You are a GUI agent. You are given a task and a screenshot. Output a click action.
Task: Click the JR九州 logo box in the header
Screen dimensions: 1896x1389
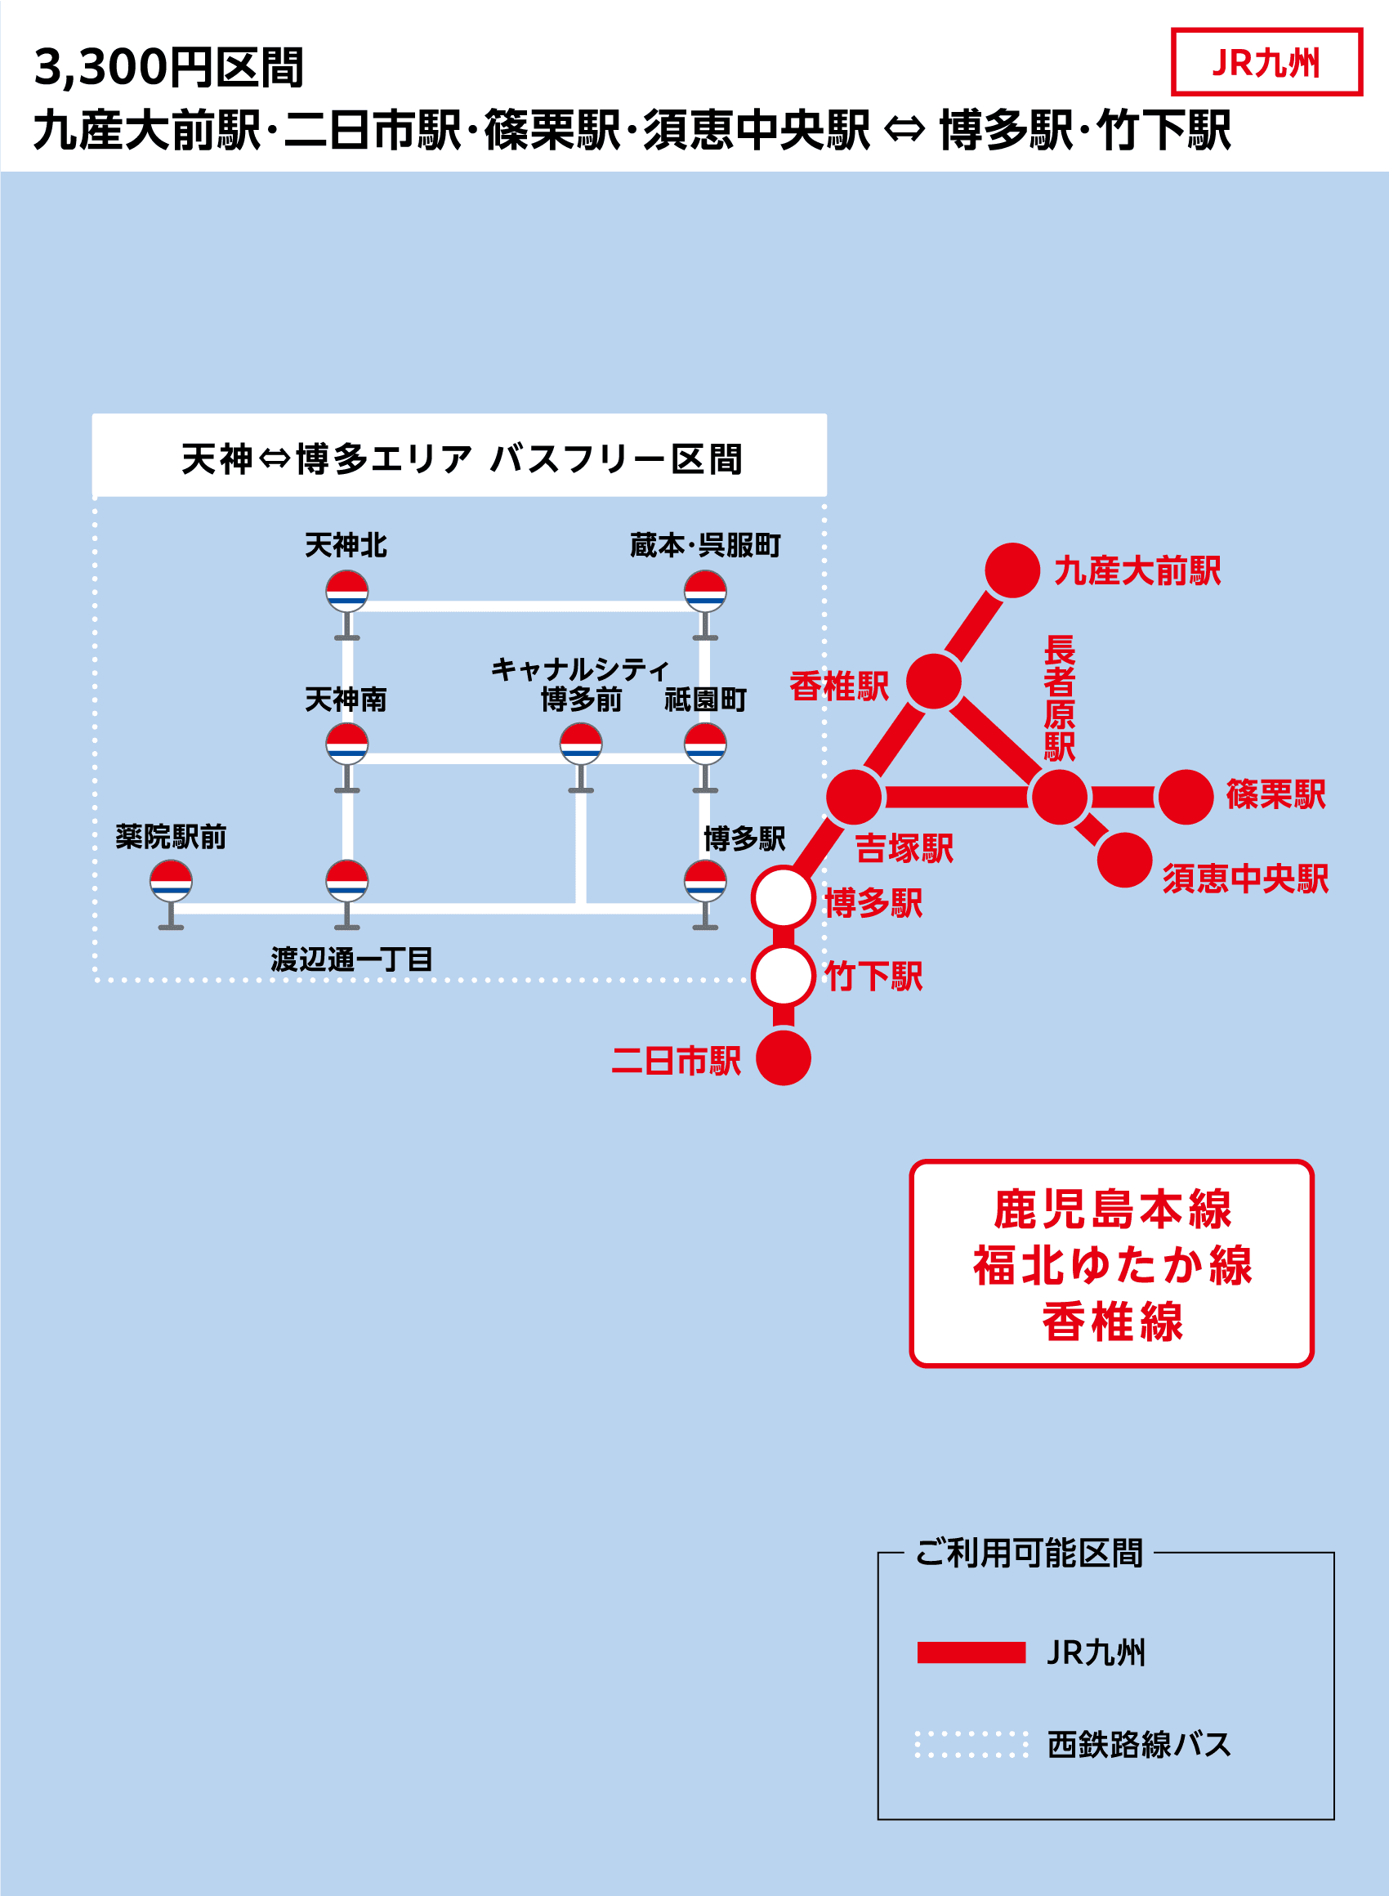click(x=1266, y=62)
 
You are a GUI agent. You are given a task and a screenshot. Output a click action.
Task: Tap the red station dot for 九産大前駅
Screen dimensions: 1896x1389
click(x=1012, y=570)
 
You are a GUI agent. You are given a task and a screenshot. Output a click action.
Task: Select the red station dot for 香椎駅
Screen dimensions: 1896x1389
click(x=933, y=681)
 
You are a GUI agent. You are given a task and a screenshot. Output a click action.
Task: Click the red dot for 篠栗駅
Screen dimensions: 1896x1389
click(x=1186, y=796)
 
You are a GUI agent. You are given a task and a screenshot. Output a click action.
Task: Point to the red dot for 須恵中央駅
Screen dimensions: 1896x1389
click(x=1124, y=859)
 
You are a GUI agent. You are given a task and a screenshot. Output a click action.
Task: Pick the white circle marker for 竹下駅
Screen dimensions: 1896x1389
click(x=783, y=975)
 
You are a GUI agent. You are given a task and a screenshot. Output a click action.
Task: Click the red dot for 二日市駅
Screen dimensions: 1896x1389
click(x=783, y=1058)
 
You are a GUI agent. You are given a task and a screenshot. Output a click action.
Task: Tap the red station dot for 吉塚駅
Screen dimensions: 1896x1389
click(x=853, y=796)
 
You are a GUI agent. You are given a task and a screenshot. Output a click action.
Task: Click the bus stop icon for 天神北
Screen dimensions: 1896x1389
click(x=347, y=591)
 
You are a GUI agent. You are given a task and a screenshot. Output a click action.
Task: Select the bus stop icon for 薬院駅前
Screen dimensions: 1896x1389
click(x=171, y=881)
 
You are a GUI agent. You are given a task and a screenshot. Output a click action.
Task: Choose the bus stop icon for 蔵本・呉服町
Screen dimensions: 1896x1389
click(x=705, y=591)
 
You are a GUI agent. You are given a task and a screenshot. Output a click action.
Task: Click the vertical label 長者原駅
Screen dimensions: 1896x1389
click(x=1060, y=698)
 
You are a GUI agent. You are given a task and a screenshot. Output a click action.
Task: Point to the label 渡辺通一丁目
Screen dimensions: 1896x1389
click(x=351, y=959)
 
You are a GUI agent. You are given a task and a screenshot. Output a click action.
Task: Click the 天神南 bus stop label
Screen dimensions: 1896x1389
click(x=346, y=699)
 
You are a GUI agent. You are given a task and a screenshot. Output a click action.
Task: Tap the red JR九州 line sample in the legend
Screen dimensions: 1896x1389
click(x=971, y=1652)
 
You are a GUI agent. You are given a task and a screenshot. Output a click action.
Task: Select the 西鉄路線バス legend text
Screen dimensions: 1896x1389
click(x=1138, y=1744)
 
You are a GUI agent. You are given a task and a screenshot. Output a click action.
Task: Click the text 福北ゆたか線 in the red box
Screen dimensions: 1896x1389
click(x=1112, y=1265)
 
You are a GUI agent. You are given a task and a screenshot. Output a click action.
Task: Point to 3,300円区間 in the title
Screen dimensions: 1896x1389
click(x=168, y=67)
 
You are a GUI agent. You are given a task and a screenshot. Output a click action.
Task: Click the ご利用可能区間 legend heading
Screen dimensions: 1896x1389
click(x=1029, y=1553)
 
